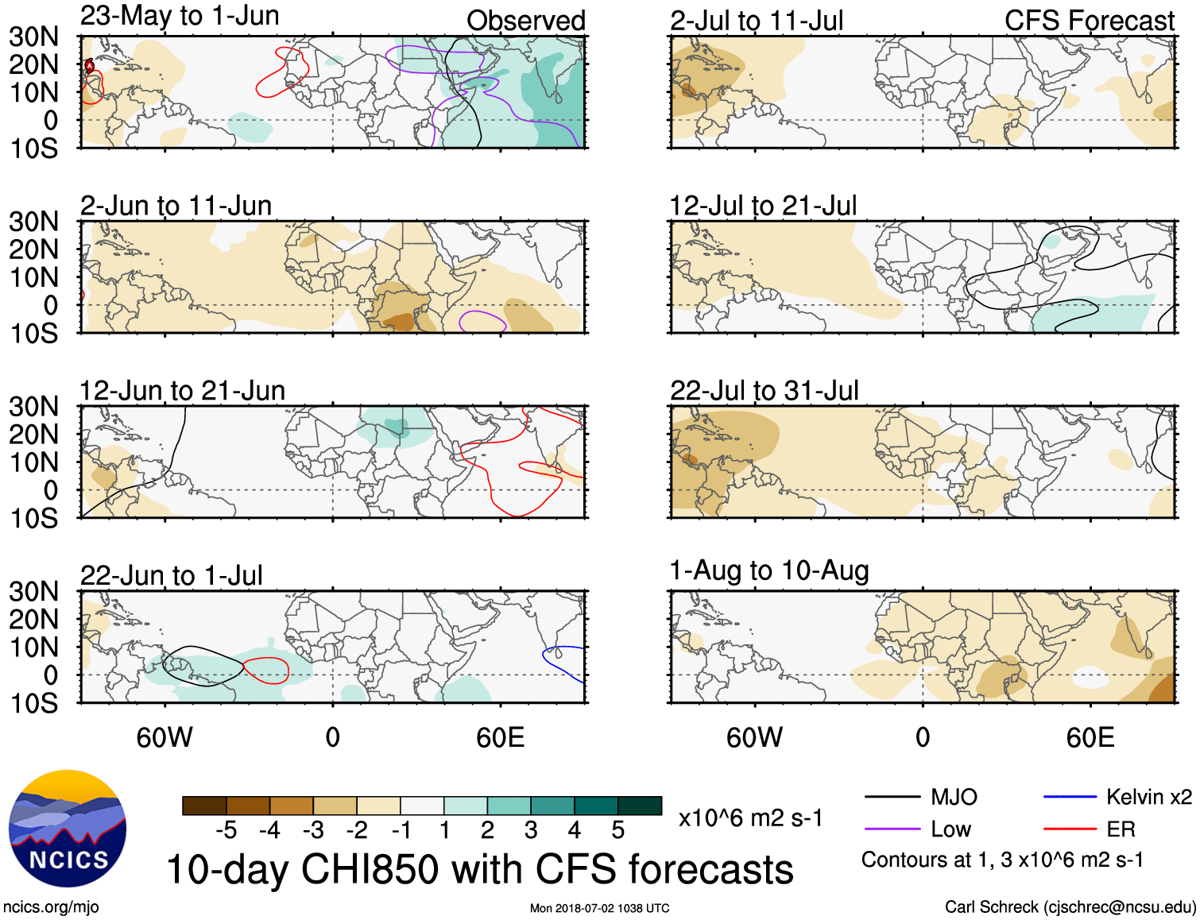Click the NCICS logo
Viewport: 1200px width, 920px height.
pos(68,829)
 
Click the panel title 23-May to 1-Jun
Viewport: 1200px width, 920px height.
pos(180,16)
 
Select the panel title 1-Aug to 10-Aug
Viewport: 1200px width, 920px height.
pos(769,570)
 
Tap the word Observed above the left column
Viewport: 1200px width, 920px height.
pos(525,21)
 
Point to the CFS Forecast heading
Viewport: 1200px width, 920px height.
pos(1089,21)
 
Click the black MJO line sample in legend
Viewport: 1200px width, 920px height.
pos(892,797)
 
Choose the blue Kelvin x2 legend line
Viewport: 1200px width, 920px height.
pos(1070,797)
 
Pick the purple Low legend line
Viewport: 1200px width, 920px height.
pos(892,829)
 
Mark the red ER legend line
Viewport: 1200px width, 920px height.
pos(1070,829)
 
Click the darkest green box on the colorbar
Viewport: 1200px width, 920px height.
pos(640,806)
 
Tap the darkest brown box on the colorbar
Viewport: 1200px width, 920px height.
pos(204,806)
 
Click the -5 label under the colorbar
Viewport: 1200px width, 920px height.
pos(226,831)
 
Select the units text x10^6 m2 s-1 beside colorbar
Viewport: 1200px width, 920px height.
pos(750,818)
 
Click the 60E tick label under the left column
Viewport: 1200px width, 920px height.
pos(500,738)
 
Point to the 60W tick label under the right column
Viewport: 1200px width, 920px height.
pos(754,738)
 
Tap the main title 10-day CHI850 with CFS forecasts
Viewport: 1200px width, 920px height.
pos(479,869)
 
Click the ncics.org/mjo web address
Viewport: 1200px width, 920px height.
pos(51,907)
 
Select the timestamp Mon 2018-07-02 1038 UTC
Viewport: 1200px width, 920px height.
pos(599,908)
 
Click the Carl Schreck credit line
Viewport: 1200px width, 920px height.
pos(1070,907)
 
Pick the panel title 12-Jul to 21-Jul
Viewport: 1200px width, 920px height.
pos(763,207)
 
